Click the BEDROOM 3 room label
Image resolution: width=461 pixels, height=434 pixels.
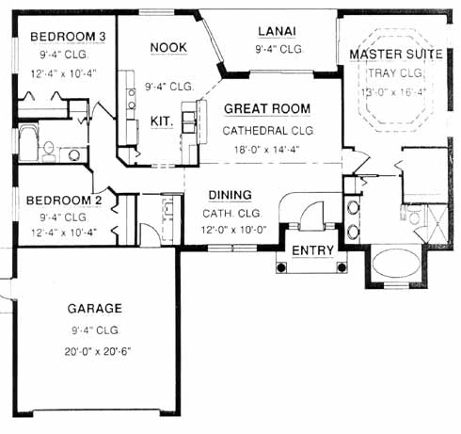click(x=68, y=37)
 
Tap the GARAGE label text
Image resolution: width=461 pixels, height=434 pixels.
click(x=95, y=309)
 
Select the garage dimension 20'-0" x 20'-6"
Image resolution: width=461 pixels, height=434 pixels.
click(x=98, y=351)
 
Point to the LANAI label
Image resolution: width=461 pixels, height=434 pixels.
click(x=277, y=31)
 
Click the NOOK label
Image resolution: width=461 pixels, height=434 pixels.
click(x=168, y=48)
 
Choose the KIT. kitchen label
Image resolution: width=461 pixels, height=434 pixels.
click(x=162, y=121)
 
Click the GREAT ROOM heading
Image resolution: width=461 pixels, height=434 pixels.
click(x=267, y=109)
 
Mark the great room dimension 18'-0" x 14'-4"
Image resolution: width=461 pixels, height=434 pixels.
click(x=266, y=150)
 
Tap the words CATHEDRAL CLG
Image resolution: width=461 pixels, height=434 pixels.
click(x=268, y=131)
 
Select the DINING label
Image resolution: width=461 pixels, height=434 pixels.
click(x=230, y=195)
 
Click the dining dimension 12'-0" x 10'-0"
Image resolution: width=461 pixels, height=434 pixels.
click(x=233, y=230)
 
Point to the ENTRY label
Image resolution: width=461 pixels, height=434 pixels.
click(x=312, y=250)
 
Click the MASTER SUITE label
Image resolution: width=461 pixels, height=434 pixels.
click(x=396, y=55)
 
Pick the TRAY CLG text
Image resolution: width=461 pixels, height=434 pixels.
click(x=396, y=73)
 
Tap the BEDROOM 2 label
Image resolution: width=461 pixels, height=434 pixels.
click(x=64, y=201)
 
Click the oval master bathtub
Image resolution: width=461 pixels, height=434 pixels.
click(x=396, y=264)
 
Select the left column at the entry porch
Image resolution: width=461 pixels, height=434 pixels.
click(x=281, y=267)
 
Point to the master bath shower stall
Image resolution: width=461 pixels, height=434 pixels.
click(x=437, y=224)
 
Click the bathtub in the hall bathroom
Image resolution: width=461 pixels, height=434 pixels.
click(x=28, y=143)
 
